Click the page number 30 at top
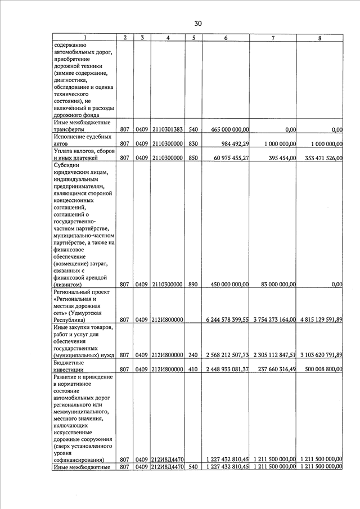197,24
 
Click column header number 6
225,38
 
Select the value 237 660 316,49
274,369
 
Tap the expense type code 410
193,369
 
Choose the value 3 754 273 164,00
274,319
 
